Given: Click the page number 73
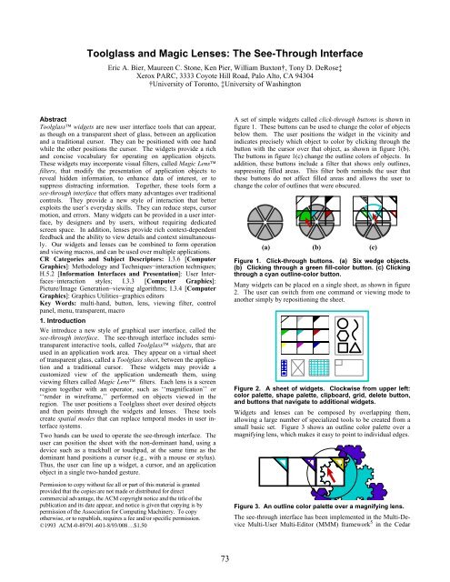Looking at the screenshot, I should [225, 560].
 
